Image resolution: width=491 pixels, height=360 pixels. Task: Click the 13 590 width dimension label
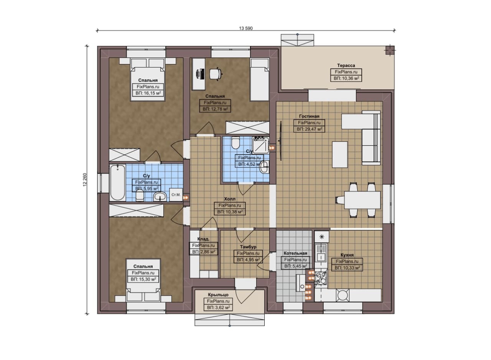click(246, 28)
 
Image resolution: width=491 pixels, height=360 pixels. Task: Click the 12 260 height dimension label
click(85, 180)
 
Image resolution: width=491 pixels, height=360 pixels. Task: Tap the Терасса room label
click(346, 65)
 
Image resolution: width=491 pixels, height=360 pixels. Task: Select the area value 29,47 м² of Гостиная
click(309, 129)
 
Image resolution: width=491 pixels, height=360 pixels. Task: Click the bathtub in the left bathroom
click(118, 182)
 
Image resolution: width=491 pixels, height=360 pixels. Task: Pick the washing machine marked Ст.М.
click(176, 195)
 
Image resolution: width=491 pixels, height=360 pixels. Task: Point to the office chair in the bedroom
click(216, 74)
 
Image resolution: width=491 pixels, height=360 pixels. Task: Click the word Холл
click(230, 199)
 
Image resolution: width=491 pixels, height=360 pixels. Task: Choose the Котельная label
click(295, 253)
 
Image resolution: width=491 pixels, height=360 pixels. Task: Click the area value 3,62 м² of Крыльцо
click(218, 307)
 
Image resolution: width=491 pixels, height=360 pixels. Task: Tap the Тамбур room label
click(248, 247)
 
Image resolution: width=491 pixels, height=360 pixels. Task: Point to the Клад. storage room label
click(203, 239)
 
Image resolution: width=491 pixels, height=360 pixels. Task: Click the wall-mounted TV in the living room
click(280, 141)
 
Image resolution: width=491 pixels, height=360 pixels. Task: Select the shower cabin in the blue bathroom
click(260, 145)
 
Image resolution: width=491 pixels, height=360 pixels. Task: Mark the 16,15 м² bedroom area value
click(148, 93)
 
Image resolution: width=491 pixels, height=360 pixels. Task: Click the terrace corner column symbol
click(390, 50)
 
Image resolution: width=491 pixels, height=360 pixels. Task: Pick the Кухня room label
click(347, 255)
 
